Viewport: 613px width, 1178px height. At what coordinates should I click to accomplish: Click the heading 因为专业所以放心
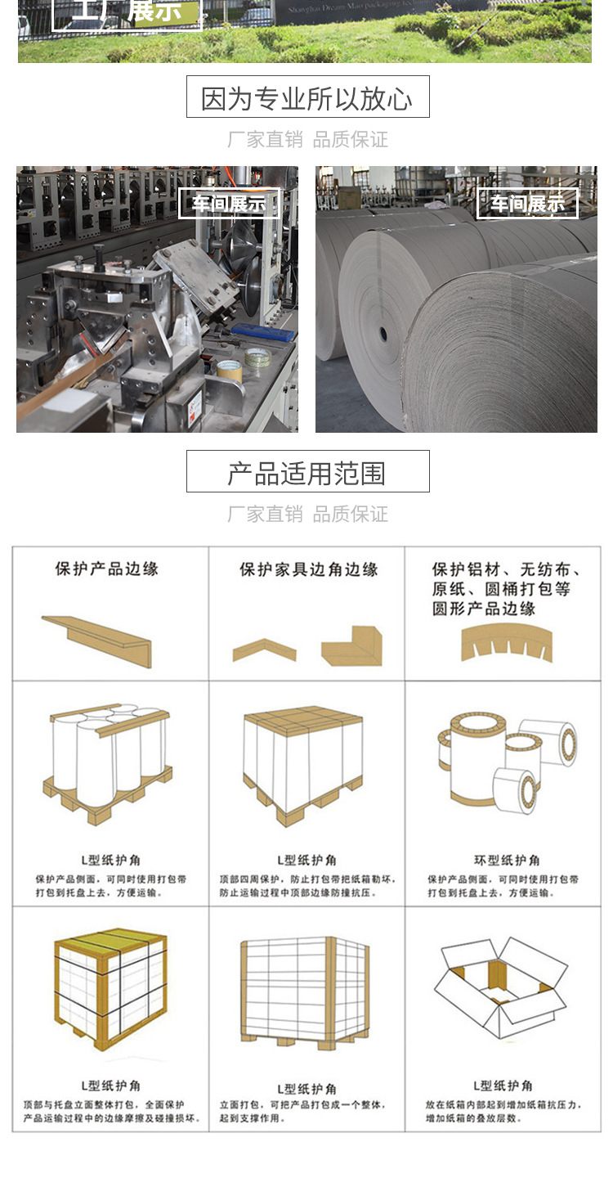pyautogui.click(x=307, y=98)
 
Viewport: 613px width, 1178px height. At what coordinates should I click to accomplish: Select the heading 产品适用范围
pyautogui.click(x=307, y=473)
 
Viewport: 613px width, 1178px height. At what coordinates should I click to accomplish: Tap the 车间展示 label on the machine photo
pyautogui.click(x=229, y=204)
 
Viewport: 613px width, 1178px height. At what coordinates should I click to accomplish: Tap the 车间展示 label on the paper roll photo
pyautogui.click(x=527, y=204)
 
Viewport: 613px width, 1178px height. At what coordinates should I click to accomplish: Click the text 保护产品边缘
pyautogui.click(x=107, y=569)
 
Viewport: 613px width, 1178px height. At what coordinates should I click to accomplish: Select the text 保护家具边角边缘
pyautogui.click(x=308, y=569)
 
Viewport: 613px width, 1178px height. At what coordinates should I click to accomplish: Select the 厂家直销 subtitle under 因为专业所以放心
pyautogui.click(x=265, y=140)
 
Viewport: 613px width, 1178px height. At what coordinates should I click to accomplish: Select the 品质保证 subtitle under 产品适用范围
pyautogui.click(x=350, y=515)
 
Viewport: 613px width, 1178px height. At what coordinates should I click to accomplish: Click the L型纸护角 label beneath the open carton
pyautogui.click(x=503, y=1086)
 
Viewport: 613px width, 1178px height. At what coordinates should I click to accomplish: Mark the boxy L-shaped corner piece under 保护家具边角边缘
pyautogui.click(x=352, y=645)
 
